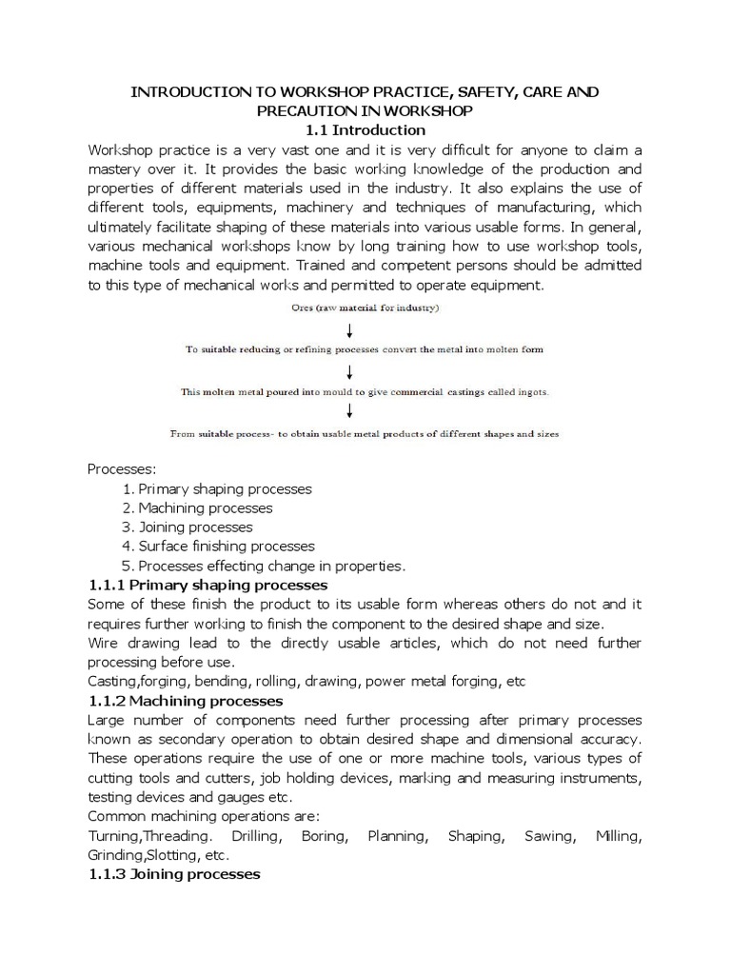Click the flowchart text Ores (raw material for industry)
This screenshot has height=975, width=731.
point(365,309)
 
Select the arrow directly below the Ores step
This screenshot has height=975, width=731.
point(351,330)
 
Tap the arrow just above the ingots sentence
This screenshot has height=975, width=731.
point(351,371)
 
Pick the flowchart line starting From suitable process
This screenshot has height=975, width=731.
point(365,433)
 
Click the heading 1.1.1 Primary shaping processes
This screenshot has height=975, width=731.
point(207,585)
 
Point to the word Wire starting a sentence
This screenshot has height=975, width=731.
point(105,643)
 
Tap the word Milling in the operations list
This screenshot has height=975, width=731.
point(619,836)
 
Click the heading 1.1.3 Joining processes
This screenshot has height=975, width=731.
point(173,874)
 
